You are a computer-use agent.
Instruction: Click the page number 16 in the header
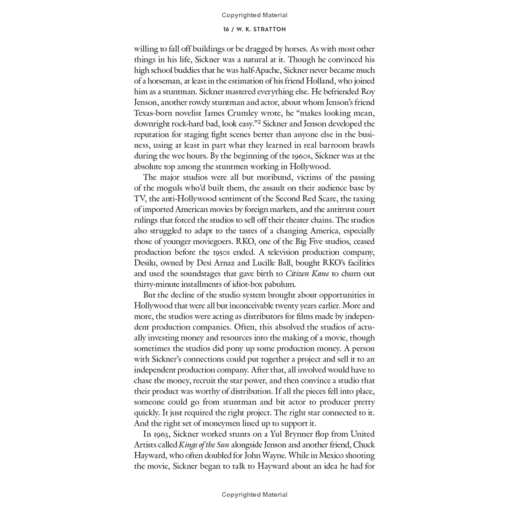point(227,29)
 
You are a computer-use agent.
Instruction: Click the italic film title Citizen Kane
point(307,274)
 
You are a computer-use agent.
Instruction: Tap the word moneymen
point(211,423)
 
